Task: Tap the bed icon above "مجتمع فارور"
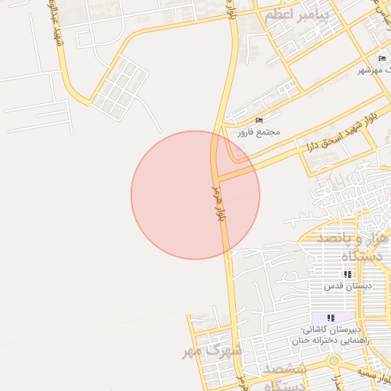pos(259,120)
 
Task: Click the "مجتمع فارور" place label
pos(258,131)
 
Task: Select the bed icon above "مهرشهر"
pos(383,59)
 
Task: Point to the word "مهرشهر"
pos(369,70)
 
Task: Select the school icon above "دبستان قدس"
pos(347,274)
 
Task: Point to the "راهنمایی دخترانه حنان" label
pos(330,341)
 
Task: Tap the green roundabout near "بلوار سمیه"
pos(334,360)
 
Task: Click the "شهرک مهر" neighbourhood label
pos(212,352)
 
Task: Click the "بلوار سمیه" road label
pos(378,377)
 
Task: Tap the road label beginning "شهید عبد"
pos(56,27)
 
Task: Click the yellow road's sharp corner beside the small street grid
pos(90,102)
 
